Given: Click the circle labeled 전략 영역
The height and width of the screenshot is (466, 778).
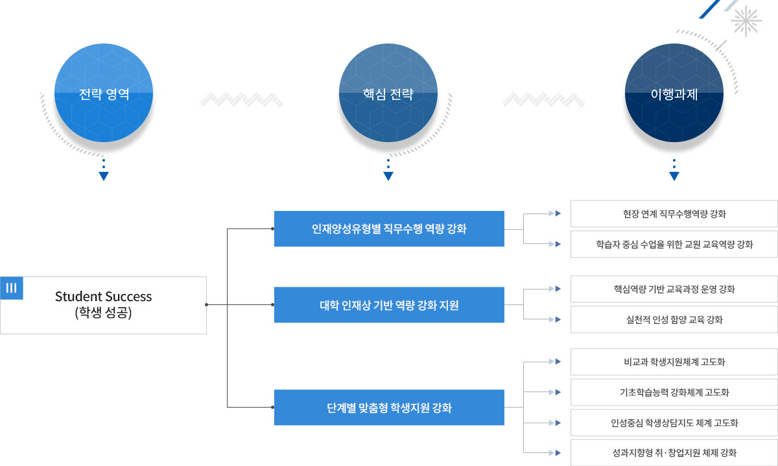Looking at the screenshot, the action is [104, 93].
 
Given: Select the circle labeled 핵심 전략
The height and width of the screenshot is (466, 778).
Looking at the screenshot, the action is [388, 93].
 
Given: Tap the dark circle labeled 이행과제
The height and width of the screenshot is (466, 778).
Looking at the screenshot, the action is [674, 93].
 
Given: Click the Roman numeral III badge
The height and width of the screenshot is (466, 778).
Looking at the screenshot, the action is [12, 288].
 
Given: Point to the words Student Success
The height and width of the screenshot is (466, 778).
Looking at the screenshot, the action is [104, 297].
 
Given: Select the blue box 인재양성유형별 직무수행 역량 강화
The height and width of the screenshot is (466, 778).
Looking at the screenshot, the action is [389, 229].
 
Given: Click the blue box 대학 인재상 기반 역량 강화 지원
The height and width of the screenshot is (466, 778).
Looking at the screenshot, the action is [389, 304].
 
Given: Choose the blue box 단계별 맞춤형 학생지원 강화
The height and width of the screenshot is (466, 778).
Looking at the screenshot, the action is [389, 407].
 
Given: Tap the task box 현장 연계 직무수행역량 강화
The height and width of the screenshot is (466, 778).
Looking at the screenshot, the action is [674, 214].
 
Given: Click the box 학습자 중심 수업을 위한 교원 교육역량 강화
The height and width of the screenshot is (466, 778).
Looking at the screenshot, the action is [674, 244].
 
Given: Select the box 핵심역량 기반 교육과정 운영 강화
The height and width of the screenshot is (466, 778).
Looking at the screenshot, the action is [674, 289].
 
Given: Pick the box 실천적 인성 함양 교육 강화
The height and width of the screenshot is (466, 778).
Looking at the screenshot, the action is [674, 319].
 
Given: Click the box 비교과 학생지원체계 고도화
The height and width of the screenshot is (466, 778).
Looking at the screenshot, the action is [674, 362].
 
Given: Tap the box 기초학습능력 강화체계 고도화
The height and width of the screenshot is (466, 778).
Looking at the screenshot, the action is [674, 392].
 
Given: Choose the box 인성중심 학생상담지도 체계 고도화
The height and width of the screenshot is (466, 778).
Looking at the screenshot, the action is [674, 423].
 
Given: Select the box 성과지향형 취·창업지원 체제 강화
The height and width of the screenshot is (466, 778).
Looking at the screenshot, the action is [674, 453].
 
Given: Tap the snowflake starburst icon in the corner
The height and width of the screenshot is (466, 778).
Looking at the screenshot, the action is [746, 21].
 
